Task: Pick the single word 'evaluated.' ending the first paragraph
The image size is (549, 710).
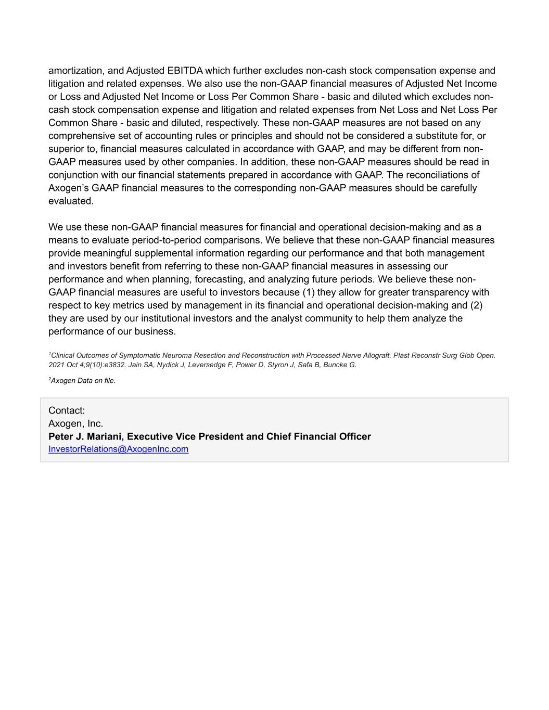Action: coord(71,201)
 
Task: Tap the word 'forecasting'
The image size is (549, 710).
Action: coord(219,279)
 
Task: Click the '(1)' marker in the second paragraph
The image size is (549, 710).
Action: coord(308,292)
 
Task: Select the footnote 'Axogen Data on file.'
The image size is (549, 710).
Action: coord(83,380)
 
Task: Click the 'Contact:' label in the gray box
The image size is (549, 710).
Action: coord(67,410)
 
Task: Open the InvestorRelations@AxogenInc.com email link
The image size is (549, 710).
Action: coord(118,449)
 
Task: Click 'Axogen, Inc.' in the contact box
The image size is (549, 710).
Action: coord(75,423)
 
